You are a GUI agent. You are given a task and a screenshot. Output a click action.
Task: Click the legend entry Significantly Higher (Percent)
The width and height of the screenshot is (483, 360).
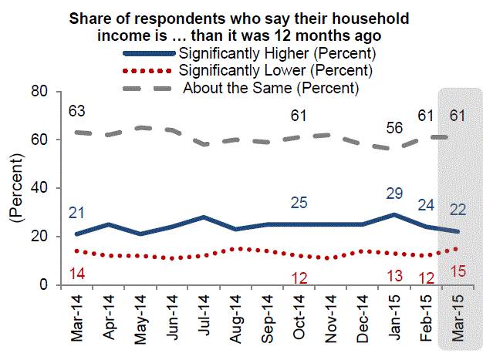click(276, 54)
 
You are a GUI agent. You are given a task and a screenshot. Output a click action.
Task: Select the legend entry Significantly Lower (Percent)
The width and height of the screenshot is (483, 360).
click(276, 70)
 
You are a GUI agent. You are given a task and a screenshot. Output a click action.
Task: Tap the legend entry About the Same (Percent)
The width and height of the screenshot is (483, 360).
click(271, 87)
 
